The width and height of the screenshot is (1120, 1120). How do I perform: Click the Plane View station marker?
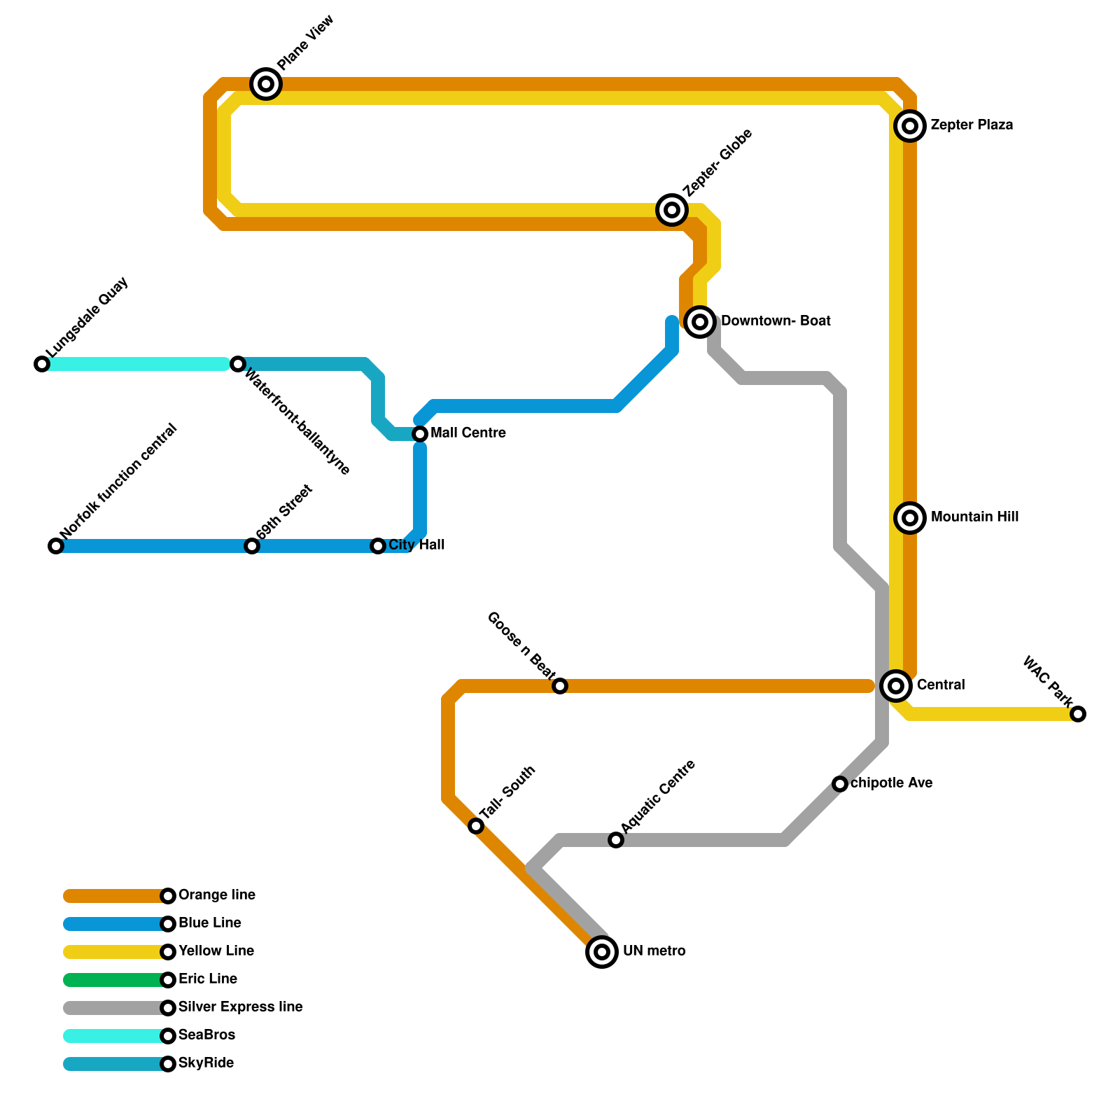click(266, 84)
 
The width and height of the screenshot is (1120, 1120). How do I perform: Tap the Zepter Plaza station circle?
click(910, 126)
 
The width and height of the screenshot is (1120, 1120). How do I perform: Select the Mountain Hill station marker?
click(910, 518)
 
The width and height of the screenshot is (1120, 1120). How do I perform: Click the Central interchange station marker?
click(896, 686)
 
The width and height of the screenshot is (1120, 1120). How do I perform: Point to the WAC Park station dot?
click(1078, 714)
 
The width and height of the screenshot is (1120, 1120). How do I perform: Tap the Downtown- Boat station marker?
click(700, 322)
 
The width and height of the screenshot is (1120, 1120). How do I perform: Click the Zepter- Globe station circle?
click(672, 209)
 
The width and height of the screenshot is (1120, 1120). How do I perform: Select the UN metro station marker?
click(602, 952)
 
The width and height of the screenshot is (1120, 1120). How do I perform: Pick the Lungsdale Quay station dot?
click(42, 364)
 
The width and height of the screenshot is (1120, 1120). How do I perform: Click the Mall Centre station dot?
click(420, 434)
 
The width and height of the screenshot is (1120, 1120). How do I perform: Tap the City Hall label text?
click(416, 545)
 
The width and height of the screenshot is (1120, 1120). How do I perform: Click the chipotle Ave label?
click(891, 783)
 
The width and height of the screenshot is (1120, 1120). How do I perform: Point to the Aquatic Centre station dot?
click(616, 840)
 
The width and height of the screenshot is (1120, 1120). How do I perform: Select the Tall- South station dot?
click(476, 826)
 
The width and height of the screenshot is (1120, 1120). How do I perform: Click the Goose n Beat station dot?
click(560, 686)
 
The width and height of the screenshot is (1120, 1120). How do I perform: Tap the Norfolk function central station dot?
click(56, 546)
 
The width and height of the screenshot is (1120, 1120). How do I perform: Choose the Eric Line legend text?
click(208, 979)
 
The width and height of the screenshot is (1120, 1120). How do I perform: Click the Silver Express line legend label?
click(240, 1007)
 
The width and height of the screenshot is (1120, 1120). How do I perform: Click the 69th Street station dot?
click(252, 546)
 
